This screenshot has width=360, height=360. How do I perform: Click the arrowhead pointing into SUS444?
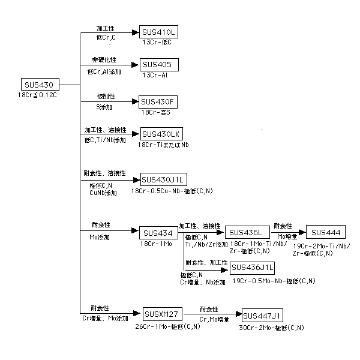tap(302, 232)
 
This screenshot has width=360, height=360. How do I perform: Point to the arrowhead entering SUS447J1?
tap(239, 314)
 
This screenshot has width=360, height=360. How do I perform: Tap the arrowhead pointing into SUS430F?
tap(136, 101)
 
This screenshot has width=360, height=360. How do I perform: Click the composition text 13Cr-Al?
tap(155, 75)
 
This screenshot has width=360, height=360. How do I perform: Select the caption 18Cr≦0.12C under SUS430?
tap(37, 95)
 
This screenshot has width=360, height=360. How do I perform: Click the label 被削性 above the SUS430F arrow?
tap(106, 97)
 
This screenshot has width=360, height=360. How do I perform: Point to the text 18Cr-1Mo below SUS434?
tap(156, 244)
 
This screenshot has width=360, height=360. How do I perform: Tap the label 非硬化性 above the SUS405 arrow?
tap(104, 60)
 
